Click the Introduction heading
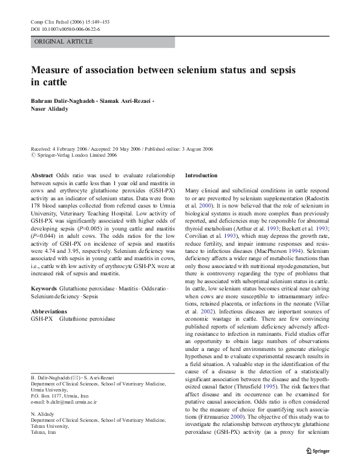click(x=201, y=175)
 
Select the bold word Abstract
click(x=42, y=175)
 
